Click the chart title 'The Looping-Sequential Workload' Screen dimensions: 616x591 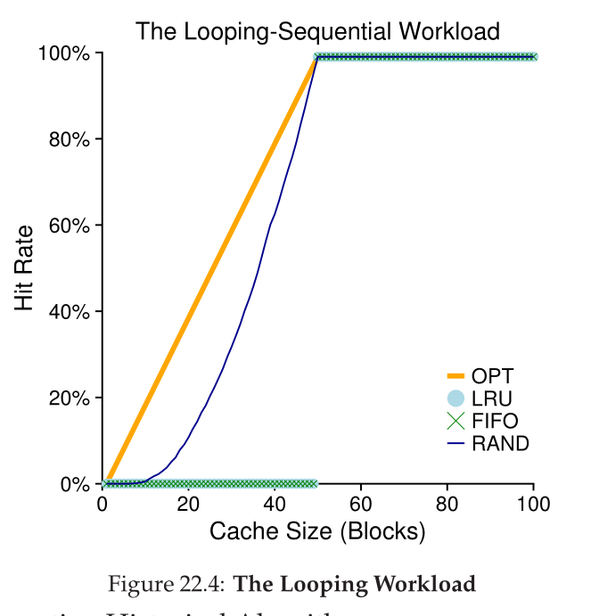pos(317,31)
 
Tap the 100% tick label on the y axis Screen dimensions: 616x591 pos(65,54)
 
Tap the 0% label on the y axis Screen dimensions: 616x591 pos(75,485)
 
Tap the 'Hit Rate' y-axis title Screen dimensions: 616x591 pos(24,267)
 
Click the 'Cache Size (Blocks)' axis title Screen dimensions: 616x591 pos(317,532)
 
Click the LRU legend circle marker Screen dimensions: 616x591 pos(456,398)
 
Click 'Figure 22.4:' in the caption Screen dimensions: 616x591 pos(167,585)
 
